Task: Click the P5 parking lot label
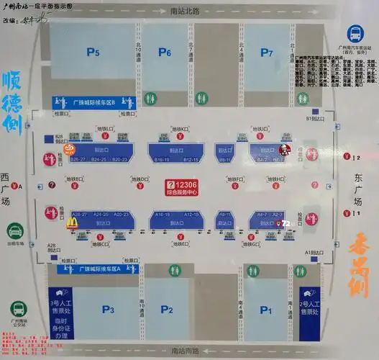(x=93, y=52)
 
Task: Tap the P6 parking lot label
(x=165, y=52)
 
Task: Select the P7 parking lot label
(x=267, y=52)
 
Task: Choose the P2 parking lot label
(x=167, y=310)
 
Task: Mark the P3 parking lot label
(x=108, y=310)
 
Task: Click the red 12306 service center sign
(x=190, y=189)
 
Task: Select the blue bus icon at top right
(x=355, y=34)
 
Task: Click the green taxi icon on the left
(x=14, y=231)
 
